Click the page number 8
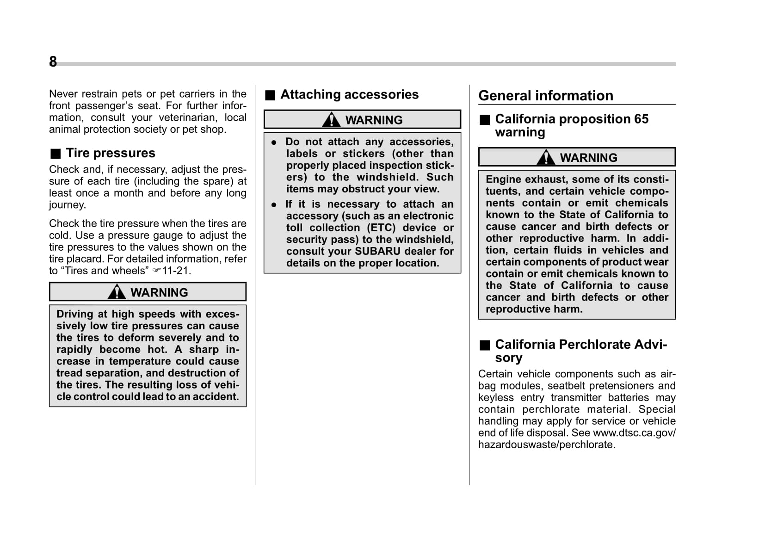pyautogui.click(x=53, y=62)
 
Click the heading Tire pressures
pyautogui.click(x=111, y=153)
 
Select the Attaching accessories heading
pyautogui.click(x=349, y=95)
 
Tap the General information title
pyautogui.click(x=546, y=96)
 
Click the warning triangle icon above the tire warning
pyautogui.click(x=117, y=292)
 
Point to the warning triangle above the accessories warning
pyautogui.click(x=331, y=120)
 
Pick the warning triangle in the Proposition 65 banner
pyautogui.click(x=546, y=158)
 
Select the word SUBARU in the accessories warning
pyautogui.click(x=377, y=252)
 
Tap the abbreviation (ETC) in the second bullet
pyautogui.click(x=382, y=228)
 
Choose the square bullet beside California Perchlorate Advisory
pyautogui.click(x=484, y=346)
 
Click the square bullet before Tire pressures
pyautogui.click(x=56, y=154)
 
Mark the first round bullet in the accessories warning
pyautogui.click(x=274, y=143)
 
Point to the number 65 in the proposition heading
pyautogui.click(x=641, y=119)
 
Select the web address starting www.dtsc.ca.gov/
pyautogui.click(x=634, y=433)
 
